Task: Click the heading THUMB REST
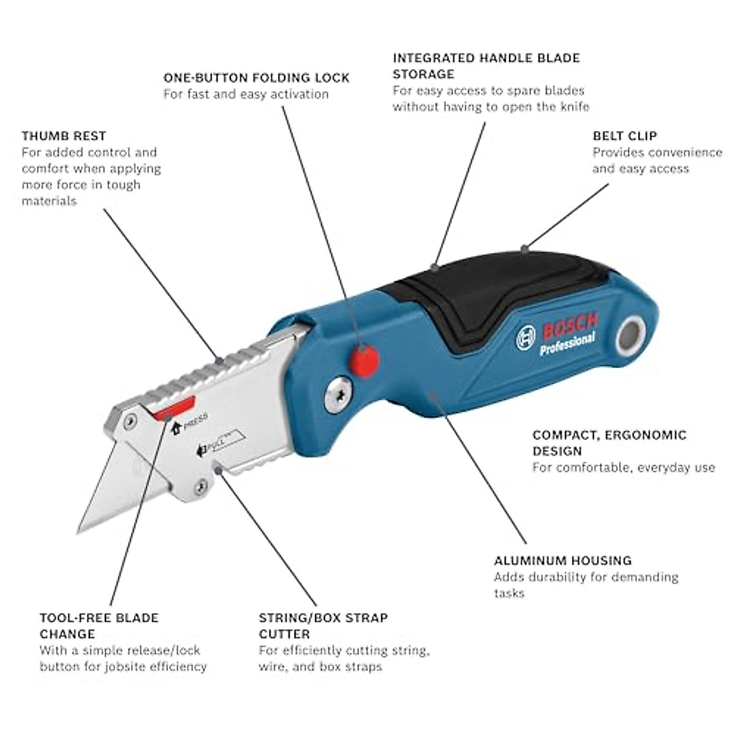point(64,136)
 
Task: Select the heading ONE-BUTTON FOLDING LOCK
point(256,78)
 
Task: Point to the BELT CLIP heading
point(624,136)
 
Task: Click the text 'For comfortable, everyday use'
point(623,468)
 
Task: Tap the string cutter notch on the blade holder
point(219,470)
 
